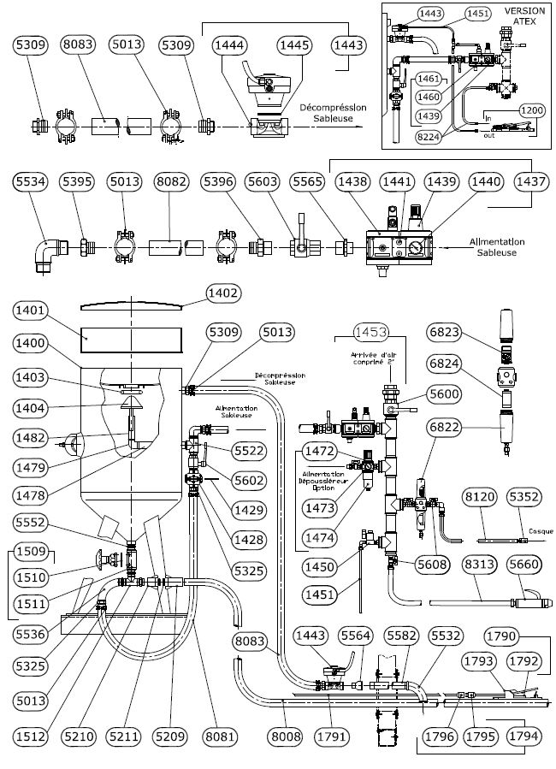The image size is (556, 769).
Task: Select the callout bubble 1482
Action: (x=31, y=438)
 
